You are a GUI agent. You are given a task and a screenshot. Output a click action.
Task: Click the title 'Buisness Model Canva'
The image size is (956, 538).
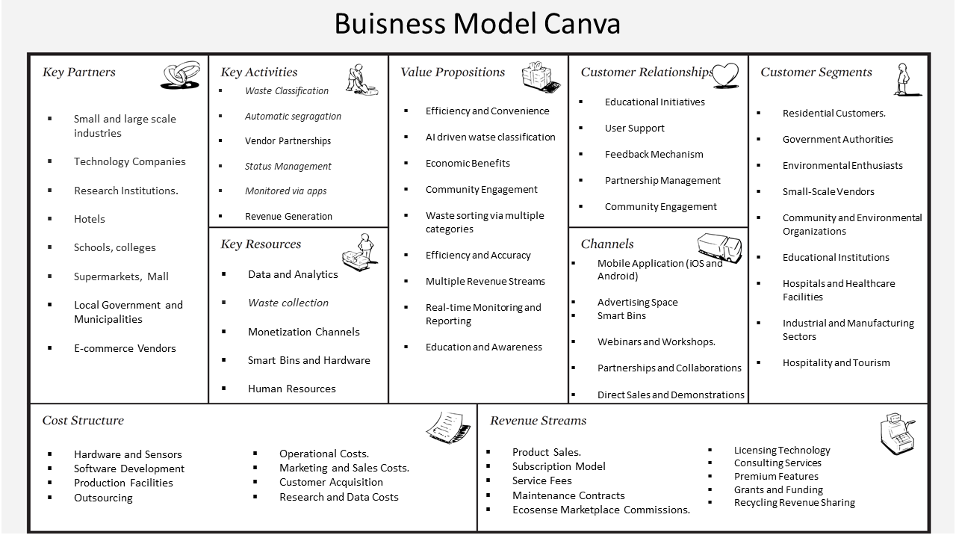pyautogui.click(x=477, y=24)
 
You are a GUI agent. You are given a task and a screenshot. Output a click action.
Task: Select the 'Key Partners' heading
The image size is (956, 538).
pyautogui.click(x=79, y=72)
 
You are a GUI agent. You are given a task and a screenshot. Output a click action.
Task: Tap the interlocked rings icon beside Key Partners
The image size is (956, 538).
pyautogui.click(x=181, y=75)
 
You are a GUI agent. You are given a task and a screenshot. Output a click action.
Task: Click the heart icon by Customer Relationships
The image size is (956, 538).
pyautogui.click(x=724, y=74)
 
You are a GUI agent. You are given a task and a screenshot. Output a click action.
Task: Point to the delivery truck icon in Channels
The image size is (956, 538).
pyautogui.click(x=719, y=247)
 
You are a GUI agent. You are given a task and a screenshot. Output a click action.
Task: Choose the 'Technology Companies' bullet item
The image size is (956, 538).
pyautogui.click(x=129, y=161)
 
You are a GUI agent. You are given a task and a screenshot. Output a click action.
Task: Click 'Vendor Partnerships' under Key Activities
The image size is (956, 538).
pyautogui.click(x=288, y=141)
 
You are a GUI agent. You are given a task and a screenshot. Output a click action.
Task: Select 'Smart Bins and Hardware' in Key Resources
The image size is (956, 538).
pyautogui.click(x=308, y=360)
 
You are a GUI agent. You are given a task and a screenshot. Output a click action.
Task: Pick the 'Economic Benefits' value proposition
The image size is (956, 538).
pyautogui.click(x=468, y=163)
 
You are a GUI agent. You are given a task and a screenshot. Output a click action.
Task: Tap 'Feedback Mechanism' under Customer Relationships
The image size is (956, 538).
pyautogui.click(x=654, y=154)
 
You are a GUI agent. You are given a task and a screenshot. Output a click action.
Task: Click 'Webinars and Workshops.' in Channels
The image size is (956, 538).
pyautogui.click(x=656, y=341)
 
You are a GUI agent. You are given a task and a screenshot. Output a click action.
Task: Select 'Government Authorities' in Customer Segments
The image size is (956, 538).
pyautogui.click(x=837, y=139)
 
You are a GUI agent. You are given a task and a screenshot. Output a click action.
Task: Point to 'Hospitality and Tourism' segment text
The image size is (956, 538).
pyautogui.click(x=836, y=362)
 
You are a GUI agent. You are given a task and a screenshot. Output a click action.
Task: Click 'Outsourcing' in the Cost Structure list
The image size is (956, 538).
pyautogui.click(x=103, y=498)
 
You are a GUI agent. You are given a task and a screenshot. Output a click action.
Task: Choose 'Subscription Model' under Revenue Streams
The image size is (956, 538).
pyautogui.click(x=559, y=466)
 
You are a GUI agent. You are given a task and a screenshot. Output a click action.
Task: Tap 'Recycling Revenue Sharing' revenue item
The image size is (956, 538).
pyautogui.click(x=794, y=502)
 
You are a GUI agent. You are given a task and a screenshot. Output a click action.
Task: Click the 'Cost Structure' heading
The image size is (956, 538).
pyautogui.click(x=83, y=421)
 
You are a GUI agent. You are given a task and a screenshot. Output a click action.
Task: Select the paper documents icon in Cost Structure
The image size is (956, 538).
pyautogui.click(x=448, y=426)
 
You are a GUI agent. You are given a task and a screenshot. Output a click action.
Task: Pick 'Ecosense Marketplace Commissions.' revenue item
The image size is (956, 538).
pyautogui.click(x=600, y=510)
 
